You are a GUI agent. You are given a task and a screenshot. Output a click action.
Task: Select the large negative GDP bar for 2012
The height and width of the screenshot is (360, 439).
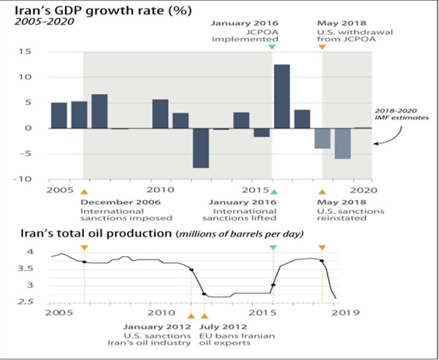(200, 148)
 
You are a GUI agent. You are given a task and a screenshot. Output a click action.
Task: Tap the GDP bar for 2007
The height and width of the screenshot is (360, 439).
(99, 111)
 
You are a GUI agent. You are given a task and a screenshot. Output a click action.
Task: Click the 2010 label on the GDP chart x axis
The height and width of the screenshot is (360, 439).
(159, 190)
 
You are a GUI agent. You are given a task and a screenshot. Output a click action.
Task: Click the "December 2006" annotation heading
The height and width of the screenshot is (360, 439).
(121, 202)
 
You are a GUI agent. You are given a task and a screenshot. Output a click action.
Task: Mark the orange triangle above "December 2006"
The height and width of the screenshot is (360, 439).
(85, 192)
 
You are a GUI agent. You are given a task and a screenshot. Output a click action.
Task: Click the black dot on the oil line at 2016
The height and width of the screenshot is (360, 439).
(273, 285)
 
